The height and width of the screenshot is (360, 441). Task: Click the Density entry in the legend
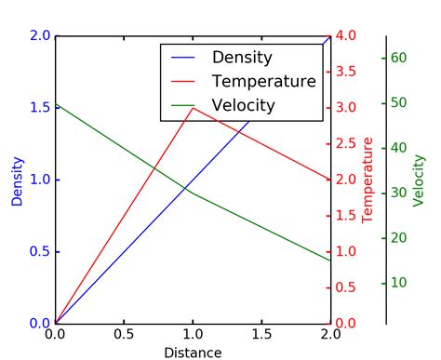pyautogui.click(x=242, y=58)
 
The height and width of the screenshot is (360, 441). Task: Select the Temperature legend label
pyautogui.click(x=263, y=82)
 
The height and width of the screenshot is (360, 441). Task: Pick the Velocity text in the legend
pyautogui.click(x=244, y=105)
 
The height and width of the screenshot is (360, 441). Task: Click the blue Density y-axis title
pyautogui.click(x=17, y=180)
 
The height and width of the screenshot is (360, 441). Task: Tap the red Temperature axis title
pyautogui.click(x=367, y=180)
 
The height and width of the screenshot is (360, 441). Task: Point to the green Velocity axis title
pyautogui.click(x=419, y=180)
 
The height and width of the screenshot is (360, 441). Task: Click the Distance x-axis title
pyautogui.click(x=193, y=353)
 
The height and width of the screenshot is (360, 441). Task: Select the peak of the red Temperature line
pyautogui.click(x=193, y=108)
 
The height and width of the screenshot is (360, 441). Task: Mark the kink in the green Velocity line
pyautogui.click(x=193, y=193)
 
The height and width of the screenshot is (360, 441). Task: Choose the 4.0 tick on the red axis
pyautogui.click(x=346, y=36)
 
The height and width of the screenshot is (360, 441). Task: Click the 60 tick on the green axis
pyautogui.click(x=399, y=58)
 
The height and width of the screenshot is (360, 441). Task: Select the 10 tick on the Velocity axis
pyautogui.click(x=399, y=283)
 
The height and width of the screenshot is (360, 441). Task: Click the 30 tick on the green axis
pyautogui.click(x=399, y=193)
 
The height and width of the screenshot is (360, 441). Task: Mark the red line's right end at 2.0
pyautogui.click(x=330, y=180)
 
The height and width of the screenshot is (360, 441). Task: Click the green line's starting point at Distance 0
pyautogui.click(x=56, y=103)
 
